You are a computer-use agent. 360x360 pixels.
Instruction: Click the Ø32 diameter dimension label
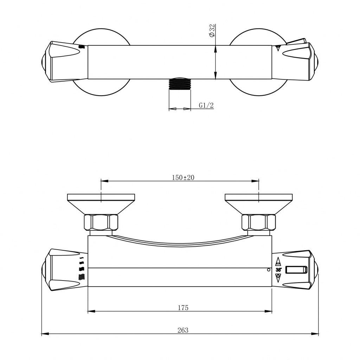[x=212, y=31]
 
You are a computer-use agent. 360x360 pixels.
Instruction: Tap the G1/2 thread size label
[x=206, y=105]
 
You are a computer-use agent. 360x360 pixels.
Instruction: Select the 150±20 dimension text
[x=183, y=178]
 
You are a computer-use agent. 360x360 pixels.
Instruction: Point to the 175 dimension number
[x=183, y=308]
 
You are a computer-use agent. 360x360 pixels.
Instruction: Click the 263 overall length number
[x=183, y=330]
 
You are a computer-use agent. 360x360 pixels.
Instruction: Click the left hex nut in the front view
[x=101, y=223]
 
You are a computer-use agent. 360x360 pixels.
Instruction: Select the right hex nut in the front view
[x=258, y=223]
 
